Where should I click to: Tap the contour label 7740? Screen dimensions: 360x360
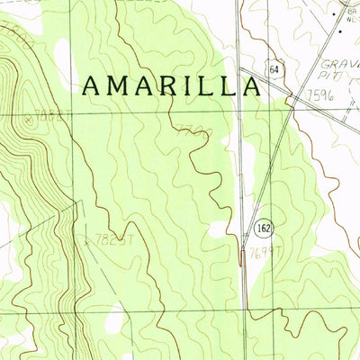(193, 131)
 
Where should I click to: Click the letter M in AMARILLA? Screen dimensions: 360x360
(120, 85)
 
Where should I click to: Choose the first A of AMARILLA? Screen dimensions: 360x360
(93, 85)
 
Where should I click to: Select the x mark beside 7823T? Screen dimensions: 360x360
(86, 240)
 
